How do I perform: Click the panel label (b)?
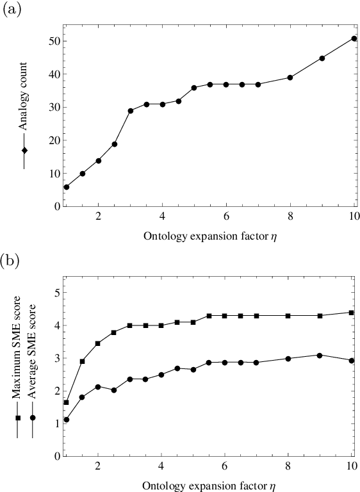[13, 261]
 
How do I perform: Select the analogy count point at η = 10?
[354, 38]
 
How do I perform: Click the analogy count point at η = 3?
[130, 111]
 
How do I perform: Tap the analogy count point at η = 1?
[67, 187]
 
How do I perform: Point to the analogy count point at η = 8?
[290, 78]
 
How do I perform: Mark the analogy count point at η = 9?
[322, 58]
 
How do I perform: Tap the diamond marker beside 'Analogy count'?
[25, 151]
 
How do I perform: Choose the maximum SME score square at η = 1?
[67, 402]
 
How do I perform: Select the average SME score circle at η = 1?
[67, 420]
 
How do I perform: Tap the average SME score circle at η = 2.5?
[114, 390]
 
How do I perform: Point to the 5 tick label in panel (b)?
[55, 293]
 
